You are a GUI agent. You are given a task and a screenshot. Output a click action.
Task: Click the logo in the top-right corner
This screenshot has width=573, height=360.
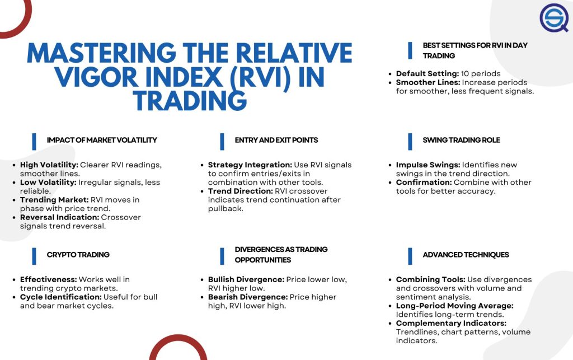point(553,18)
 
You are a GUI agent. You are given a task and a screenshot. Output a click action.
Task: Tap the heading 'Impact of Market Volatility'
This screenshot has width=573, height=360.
point(102,140)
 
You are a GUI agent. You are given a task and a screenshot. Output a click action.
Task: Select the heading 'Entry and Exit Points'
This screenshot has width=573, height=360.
point(276,140)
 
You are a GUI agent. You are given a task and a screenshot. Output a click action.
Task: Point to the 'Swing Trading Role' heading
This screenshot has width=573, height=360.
point(461,140)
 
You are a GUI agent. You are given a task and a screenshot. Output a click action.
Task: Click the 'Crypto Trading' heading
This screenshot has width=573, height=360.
point(78,255)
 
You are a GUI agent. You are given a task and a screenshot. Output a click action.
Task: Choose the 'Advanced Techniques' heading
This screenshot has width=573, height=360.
point(466,255)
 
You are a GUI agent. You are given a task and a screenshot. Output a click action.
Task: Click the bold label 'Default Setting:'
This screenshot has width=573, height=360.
point(426,74)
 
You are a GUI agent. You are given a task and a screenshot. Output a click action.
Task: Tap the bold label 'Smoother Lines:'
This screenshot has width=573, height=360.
point(428,82)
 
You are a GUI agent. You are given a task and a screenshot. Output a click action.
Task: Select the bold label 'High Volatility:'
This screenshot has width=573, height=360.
point(49,165)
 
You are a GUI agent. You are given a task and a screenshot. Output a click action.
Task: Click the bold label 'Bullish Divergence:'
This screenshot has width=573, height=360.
point(246,279)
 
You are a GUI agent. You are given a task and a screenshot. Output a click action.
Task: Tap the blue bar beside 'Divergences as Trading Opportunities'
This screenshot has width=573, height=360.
point(222,255)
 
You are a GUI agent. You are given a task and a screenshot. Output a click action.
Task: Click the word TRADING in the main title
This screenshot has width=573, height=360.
point(190,101)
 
